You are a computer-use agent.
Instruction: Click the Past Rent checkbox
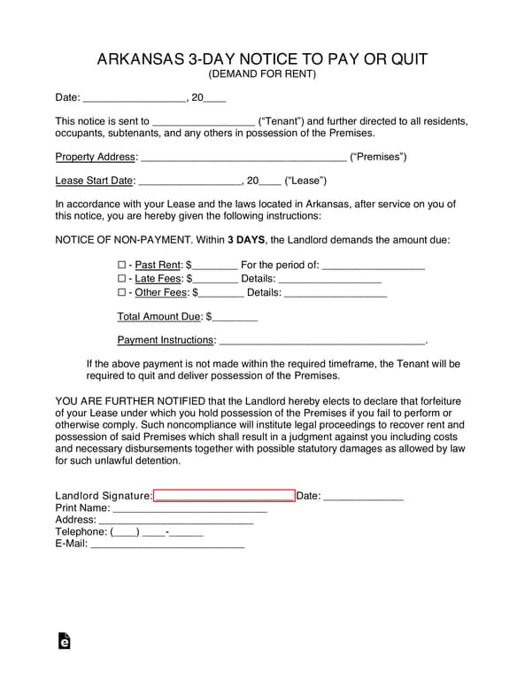click(x=122, y=265)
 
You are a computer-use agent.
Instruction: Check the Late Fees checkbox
click(x=122, y=278)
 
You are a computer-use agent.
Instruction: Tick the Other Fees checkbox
click(x=122, y=292)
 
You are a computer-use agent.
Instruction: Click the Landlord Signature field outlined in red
click(x=224, y=496)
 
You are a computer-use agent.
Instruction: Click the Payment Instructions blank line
click(x=321, y=340)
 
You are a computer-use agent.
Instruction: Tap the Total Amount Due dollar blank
click(x=235, y=316)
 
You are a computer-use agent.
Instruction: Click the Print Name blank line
click(x=189, y=509)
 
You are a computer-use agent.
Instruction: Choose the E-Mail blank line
click(x=167, y=545)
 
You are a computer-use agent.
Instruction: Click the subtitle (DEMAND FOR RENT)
click(x=262, y=74)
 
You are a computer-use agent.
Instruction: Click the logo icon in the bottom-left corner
click(x=64, y=641)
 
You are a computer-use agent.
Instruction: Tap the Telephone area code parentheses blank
click(x=125, y=533)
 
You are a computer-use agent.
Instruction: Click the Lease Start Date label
click(x=94, y=182)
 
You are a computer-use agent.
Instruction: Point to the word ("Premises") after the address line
click(x=378, y=158)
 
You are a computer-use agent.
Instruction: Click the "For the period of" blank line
click(x=373, y=265)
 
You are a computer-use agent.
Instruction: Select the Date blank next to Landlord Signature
click(x=364, y=497)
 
